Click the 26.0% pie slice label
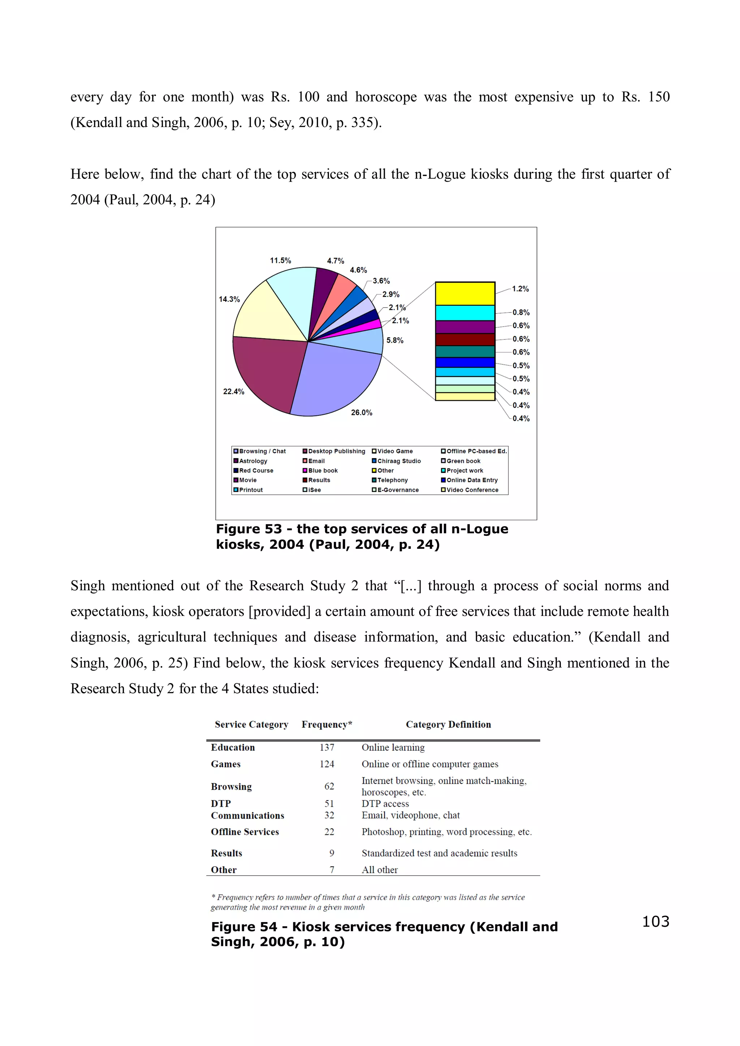(x=361, y=412)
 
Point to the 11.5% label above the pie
(x=280, y=261)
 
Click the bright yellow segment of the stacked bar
(x=465, y=294)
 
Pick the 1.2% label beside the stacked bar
(x=520, y=289)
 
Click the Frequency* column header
(x=326, y=724)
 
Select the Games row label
(x=226, y=764)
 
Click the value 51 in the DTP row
(x=329, y=804)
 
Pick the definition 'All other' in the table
(x=379, y=870)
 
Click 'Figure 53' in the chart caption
(x=249, y=529)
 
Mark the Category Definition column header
(x=448, y=724)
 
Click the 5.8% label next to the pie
(x=395, y=340)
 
